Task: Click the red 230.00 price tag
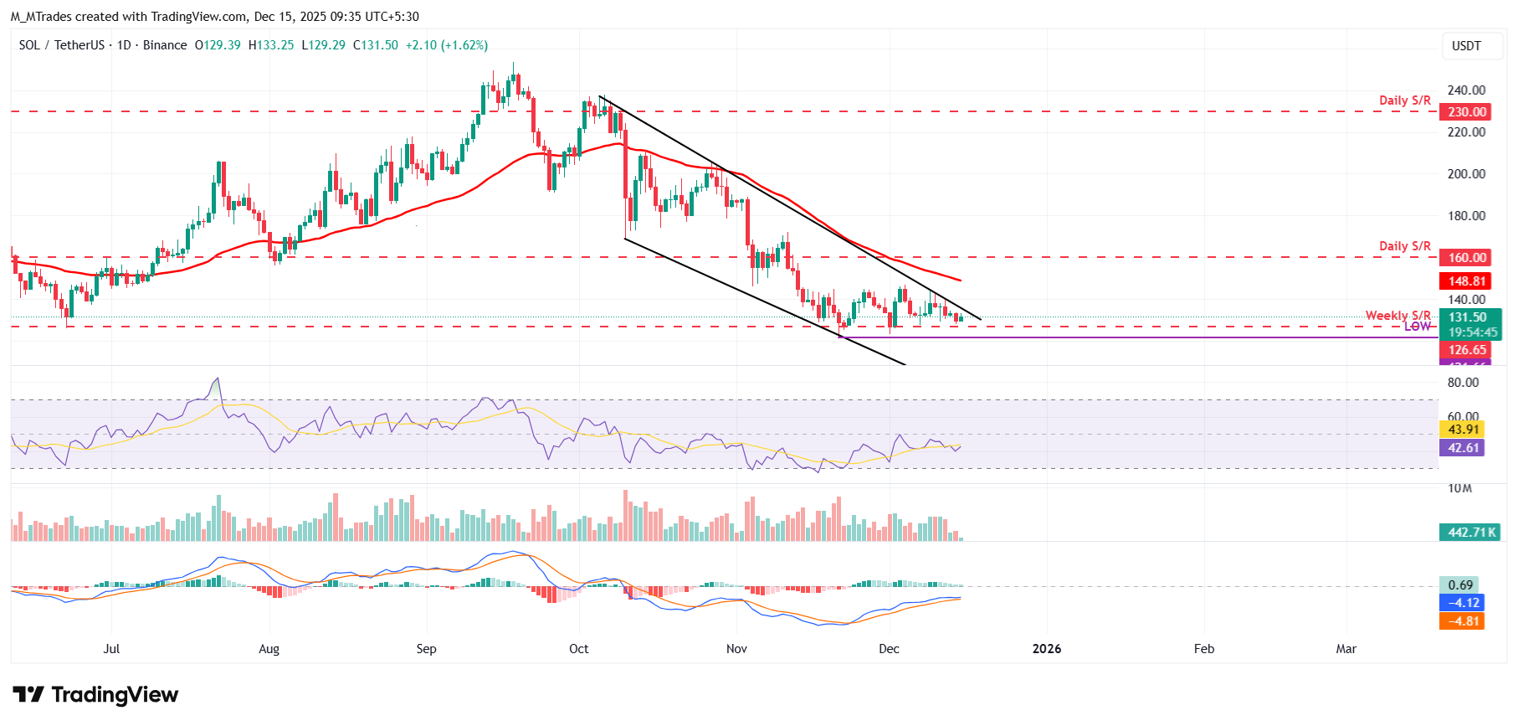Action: coord(1467,111)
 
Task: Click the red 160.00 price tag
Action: coord(1467,258)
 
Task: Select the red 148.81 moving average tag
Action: coord(1467,281)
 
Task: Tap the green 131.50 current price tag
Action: coord(1469,317)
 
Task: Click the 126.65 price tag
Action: coord(1467,350)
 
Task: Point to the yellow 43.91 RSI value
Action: coord(1463,430)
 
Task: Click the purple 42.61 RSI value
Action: coord(1463,448)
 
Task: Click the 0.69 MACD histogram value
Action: coord(1459,585)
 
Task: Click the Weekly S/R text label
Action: coord(1397,315)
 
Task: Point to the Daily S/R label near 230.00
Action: coord(1404,100)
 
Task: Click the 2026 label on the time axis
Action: coord(1046,649)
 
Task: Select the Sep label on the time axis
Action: coord(426,649)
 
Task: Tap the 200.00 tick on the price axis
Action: coord(1466,174)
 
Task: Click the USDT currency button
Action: coord(1466,46)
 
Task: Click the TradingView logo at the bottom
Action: coord(95,695)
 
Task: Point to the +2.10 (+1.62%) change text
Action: coord(446,45)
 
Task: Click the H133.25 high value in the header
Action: coord(271,45)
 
